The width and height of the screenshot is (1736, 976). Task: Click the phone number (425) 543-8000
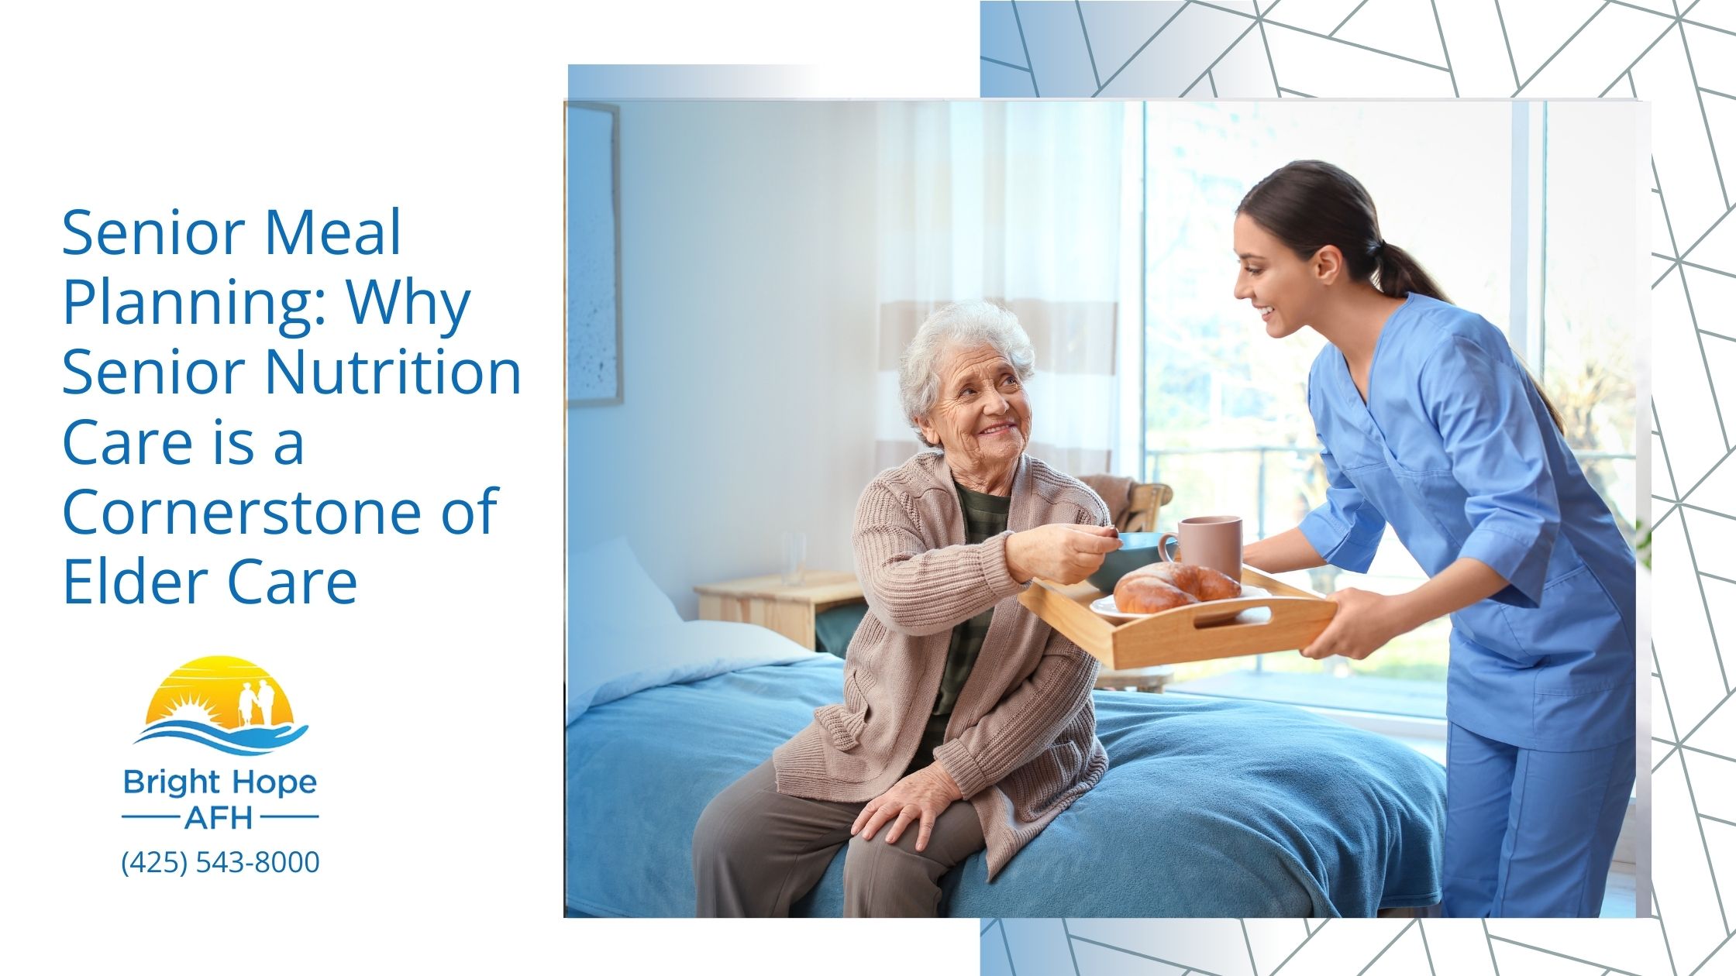(220, 862)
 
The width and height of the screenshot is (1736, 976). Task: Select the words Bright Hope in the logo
(220, 782)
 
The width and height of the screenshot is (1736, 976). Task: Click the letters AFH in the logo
(220, 817)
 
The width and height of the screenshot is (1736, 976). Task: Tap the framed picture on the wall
(594, 256)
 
